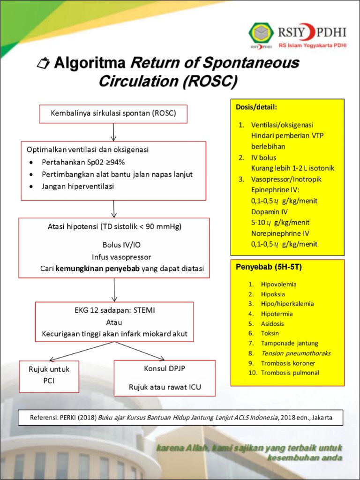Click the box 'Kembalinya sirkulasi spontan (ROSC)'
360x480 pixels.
coord(113,113)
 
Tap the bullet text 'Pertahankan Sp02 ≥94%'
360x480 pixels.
coord(83,162)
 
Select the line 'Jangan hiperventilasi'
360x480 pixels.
coord(78,186)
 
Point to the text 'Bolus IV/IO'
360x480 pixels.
coord(114,245)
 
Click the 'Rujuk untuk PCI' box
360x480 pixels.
coord(49,375)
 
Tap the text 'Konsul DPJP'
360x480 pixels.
coord(165,368)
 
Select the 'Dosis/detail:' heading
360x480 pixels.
coord(256,107)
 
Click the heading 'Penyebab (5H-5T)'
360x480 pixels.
coord(269,267)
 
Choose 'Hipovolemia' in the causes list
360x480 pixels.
coord(278,284)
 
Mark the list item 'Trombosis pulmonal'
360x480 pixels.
coord(290,373)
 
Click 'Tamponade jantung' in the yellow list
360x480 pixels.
coord(289,343)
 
